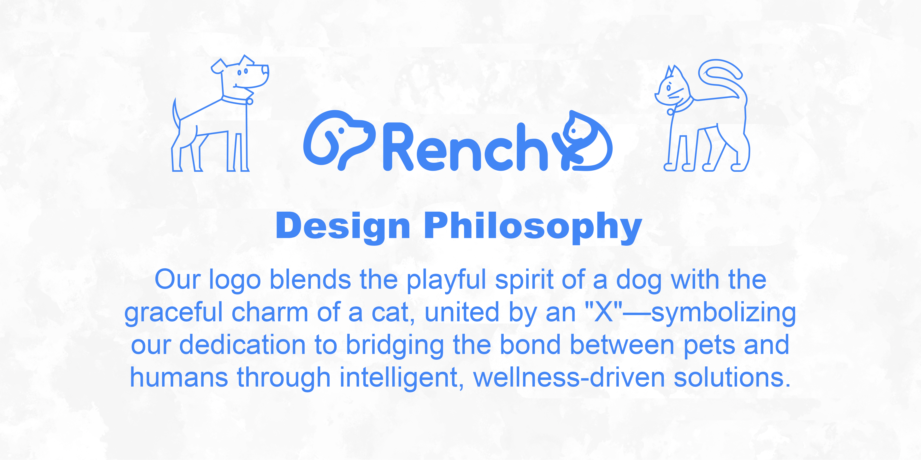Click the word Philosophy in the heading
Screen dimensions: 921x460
[533, 227]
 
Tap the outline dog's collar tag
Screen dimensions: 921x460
[250, 101]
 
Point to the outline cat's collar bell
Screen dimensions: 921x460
[670, 112]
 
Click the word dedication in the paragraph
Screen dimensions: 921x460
[242, 345]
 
